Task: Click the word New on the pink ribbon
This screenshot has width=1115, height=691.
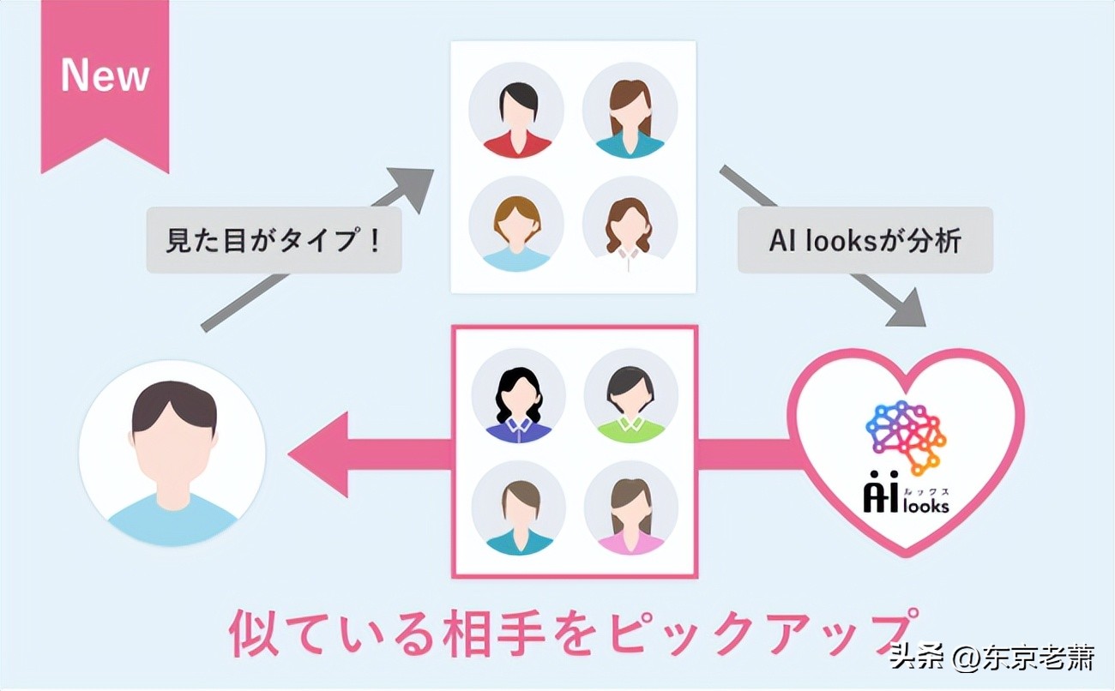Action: click(105, 76)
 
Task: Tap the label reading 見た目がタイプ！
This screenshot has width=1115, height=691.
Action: click(274, 239)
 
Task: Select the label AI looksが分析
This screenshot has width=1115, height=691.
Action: click(865, 240)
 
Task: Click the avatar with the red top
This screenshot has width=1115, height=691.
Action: click(516, 111)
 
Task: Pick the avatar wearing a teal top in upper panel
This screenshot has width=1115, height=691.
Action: click(630, 111)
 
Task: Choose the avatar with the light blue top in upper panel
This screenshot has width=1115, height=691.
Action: click(516, 224)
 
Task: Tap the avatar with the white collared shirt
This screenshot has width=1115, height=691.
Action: click(630, 224)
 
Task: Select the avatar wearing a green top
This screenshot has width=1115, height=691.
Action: click(630, 395)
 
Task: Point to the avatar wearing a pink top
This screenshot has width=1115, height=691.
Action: click(630, 508)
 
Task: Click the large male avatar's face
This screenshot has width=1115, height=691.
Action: click(172, 437)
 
